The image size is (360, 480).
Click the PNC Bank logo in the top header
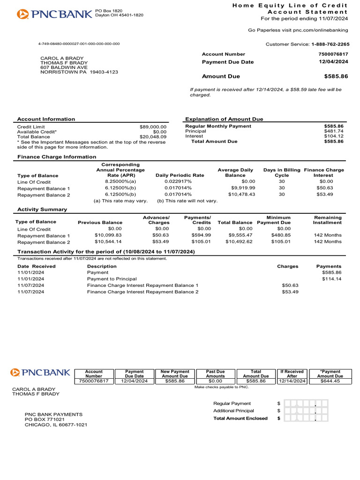coord(54,14)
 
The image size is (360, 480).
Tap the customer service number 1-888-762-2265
coord(330,44)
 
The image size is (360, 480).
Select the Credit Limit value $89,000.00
coord(153,127)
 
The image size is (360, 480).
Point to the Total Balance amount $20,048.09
coord(153,137)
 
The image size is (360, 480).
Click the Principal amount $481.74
coord(334,131)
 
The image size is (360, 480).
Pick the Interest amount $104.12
coord(334,136)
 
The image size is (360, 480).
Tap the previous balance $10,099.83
coord(108,235)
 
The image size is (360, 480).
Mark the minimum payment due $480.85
coord(281,235)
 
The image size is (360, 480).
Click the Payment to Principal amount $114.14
coord(332,279)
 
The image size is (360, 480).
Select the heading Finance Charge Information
coord(50,157)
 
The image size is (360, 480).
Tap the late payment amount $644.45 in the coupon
coord(330,381)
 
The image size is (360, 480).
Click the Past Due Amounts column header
coord(216,374)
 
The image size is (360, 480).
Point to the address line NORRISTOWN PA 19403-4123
coord(79,72)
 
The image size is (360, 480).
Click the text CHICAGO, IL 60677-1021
coord(56,425)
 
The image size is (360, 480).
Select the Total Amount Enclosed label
coord(240,418)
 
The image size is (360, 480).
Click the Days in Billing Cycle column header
coord(281,172)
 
